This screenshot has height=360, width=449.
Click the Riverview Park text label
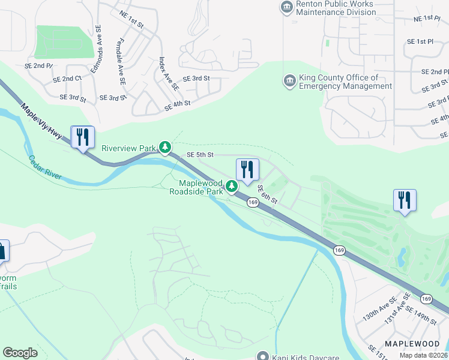[x=128, y=148]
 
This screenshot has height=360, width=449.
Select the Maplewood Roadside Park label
[x=196, y=187]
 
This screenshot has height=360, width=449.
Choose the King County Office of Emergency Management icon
[x=289, y=80]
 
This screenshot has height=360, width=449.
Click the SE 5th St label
[x=200, y=154]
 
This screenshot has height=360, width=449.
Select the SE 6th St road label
[x=268, y=194]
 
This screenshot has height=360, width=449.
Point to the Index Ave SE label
[x=169, y=73]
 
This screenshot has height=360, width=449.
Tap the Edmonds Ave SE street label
[x=97, y=58]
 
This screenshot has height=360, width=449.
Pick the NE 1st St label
[x=131, y=20]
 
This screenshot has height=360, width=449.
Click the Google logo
[x=20, y=353]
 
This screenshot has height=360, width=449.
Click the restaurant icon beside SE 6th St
[x=247, y=170]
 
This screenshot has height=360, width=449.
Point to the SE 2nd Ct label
[x=67, y=79]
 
